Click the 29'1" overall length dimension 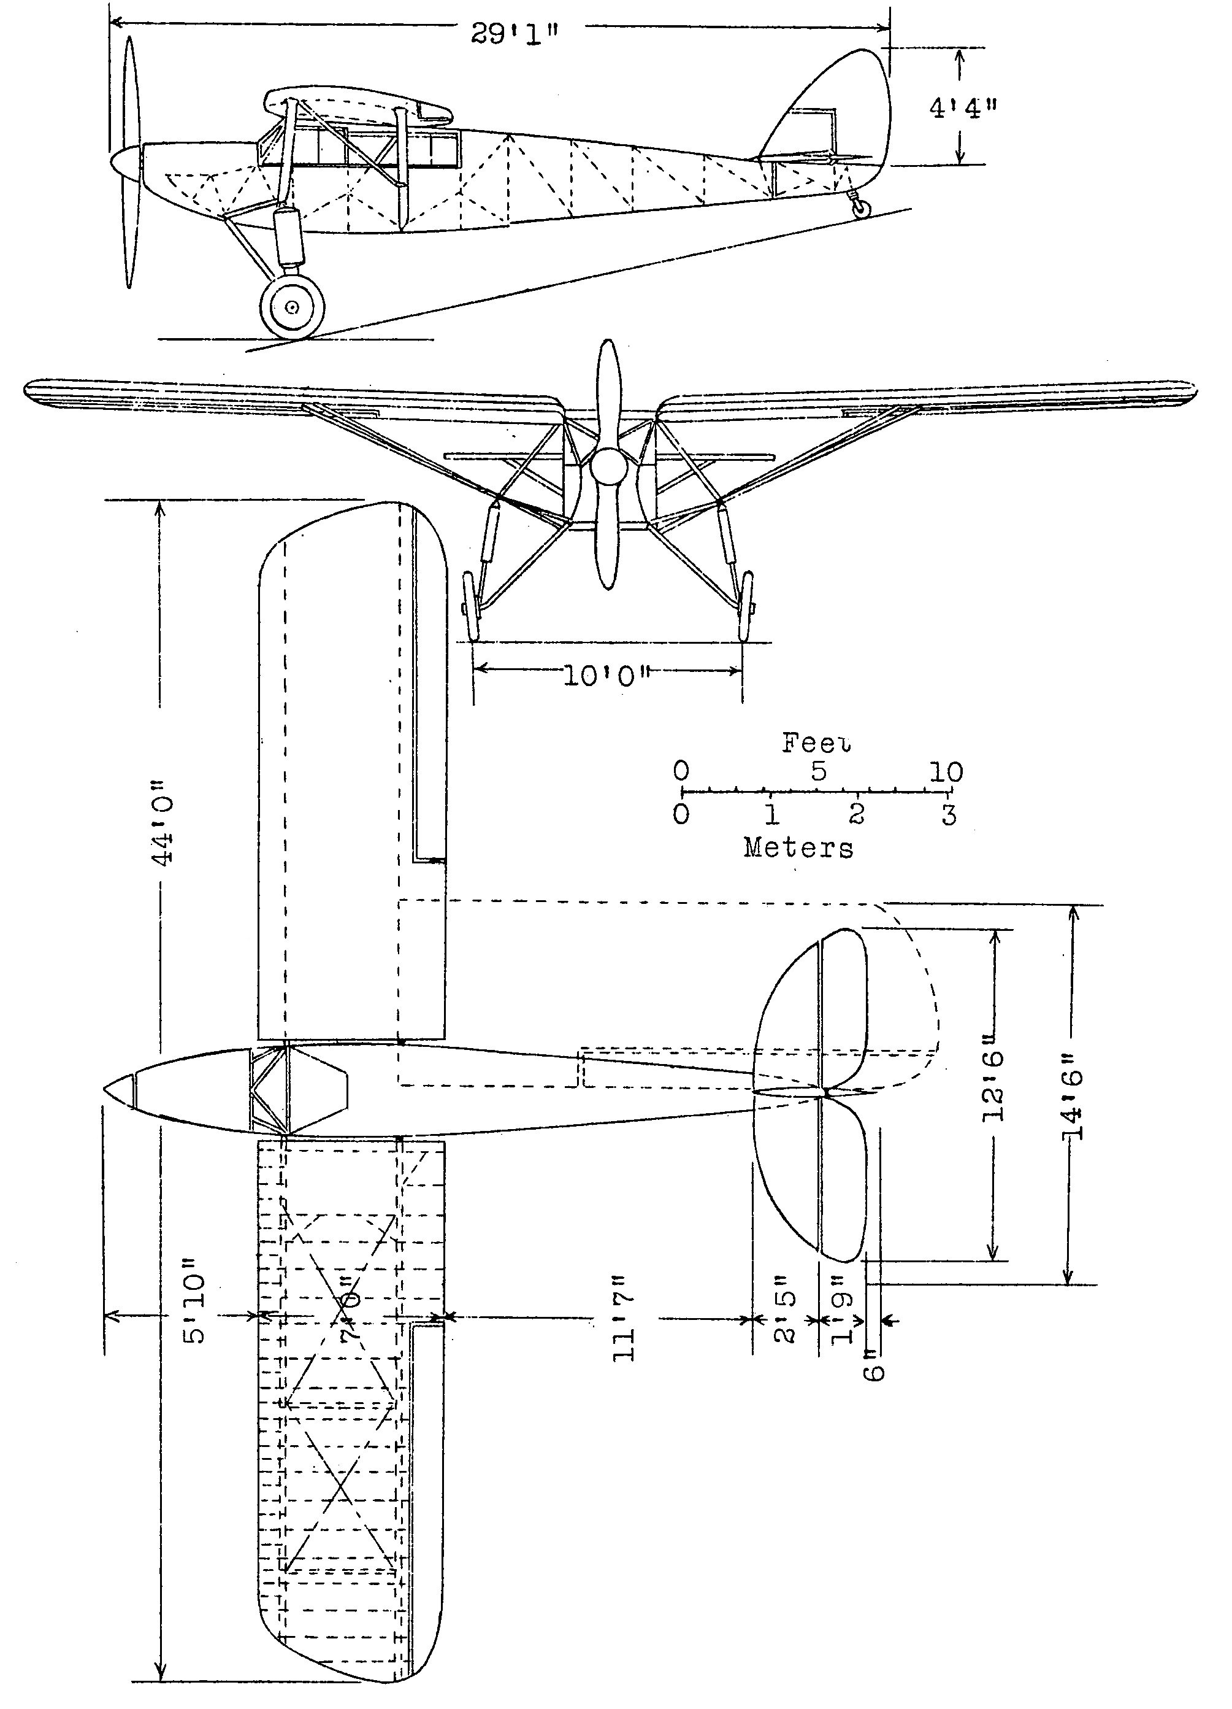coord(516,34)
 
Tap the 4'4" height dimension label coord(962,108)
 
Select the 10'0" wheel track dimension coord(607,676)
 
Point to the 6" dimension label coord(873,1371)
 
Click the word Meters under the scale coord(798,847)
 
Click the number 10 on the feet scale coord(946,771)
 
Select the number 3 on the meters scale coord(949,814)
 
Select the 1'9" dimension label coord(843,1319)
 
